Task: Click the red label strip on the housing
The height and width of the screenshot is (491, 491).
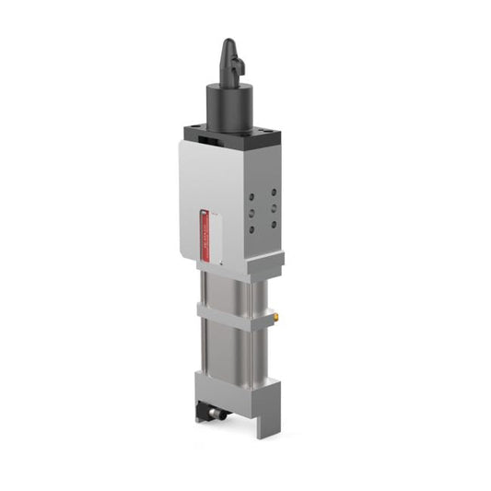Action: pos(205,236)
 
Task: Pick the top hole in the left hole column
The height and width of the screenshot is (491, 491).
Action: pos(251,195)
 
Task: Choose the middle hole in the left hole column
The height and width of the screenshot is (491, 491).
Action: pos(251,213)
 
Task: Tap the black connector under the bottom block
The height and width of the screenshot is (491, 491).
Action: pos(212,415)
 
